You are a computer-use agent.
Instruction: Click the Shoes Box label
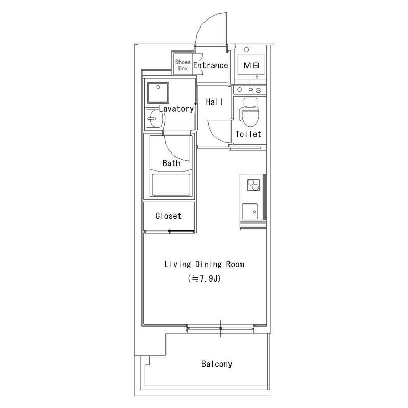pyautogui.click(x=183, y=65)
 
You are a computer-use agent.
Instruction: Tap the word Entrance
pyautogui.click(x=211, y=65)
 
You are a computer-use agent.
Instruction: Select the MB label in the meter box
pyautogui.click(x=251, y=65)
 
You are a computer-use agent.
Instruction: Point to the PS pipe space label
pyautogui.click(x=254, y=90)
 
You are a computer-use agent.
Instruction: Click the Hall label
pyautogui.click(x=214, y=101)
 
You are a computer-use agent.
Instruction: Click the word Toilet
pyautogui.click(x=248, y=134)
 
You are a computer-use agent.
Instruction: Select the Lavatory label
pyautogui.click(x=176, y=109)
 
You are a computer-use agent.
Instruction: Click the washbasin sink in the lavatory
pyautogui.click(x=155, y=118)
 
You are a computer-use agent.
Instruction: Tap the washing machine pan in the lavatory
pyautogui.click(x=158, y=93)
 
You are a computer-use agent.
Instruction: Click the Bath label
pyautogui.click(x=171, y=163)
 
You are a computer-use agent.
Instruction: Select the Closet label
pyautogui.click(x=168, y=216)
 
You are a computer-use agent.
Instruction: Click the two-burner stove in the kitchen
pyautogui.click(x=253, y=185)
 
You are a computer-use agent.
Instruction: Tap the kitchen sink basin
pyautogui.click(x=250, y=211)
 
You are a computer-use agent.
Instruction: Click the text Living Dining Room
pyautogui.click(x=205, y=264)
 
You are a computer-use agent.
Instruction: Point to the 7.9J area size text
pyautogui.click(x=205, y=278)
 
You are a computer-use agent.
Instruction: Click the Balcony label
pyautogui.click(x=216, y=364)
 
